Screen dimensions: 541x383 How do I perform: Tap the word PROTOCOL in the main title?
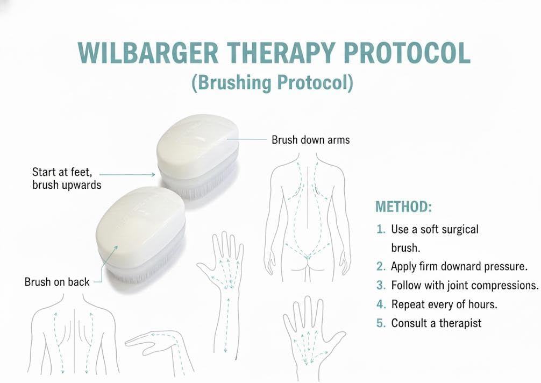click(407, 53)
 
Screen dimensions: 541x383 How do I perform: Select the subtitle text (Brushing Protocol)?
click(272, 83)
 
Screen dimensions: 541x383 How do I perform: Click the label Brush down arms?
click(310, 140)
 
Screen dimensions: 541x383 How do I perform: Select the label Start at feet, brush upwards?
click(67, 178)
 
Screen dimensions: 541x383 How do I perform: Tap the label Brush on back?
click(57, 282)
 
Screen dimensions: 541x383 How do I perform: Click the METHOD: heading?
click(403, 207)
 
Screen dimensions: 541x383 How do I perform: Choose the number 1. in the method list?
click(381, 229)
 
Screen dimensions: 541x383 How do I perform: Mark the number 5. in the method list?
click(381, 323)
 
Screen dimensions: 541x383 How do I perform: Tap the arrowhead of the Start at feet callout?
click(153, 175)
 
